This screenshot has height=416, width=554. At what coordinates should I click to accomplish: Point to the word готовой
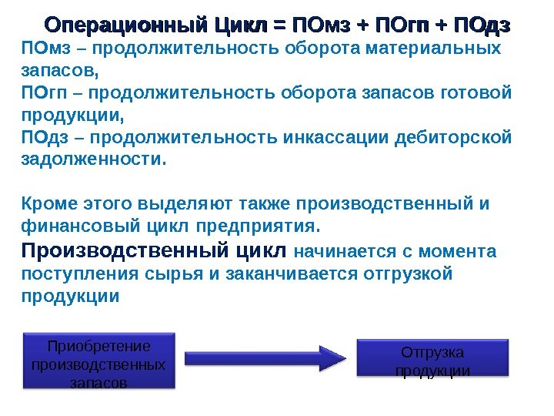coord(479,93)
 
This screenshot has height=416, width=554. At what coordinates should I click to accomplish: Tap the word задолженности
coord(92,160)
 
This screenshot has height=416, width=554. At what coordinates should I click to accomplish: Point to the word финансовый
coord(76,227)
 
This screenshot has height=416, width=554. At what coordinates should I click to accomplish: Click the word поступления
coord(72,274)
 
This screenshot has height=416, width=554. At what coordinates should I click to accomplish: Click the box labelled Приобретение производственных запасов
coord(98,363)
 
